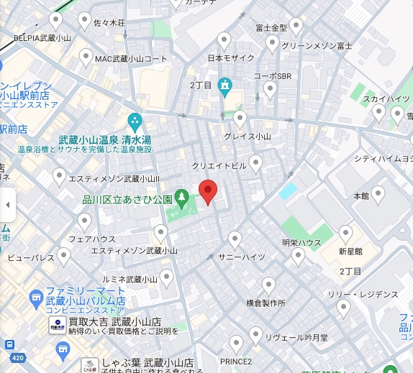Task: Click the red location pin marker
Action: coord(208,191)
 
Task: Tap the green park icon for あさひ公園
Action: coord(182,196)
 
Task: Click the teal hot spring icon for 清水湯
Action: coord(135,121)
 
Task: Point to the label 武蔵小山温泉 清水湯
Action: coord(105,139)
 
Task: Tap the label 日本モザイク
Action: coord(231,57)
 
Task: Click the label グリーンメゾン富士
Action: coord(317,45)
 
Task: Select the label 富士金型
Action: coord(271,28)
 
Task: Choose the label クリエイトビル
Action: coord(224,165)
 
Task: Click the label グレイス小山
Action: coord(247,136)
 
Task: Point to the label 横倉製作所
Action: coord(265,303)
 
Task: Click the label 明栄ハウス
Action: coord(301,242)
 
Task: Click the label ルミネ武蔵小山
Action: coord(131,279)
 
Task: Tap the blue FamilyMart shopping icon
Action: coord(35,295)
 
